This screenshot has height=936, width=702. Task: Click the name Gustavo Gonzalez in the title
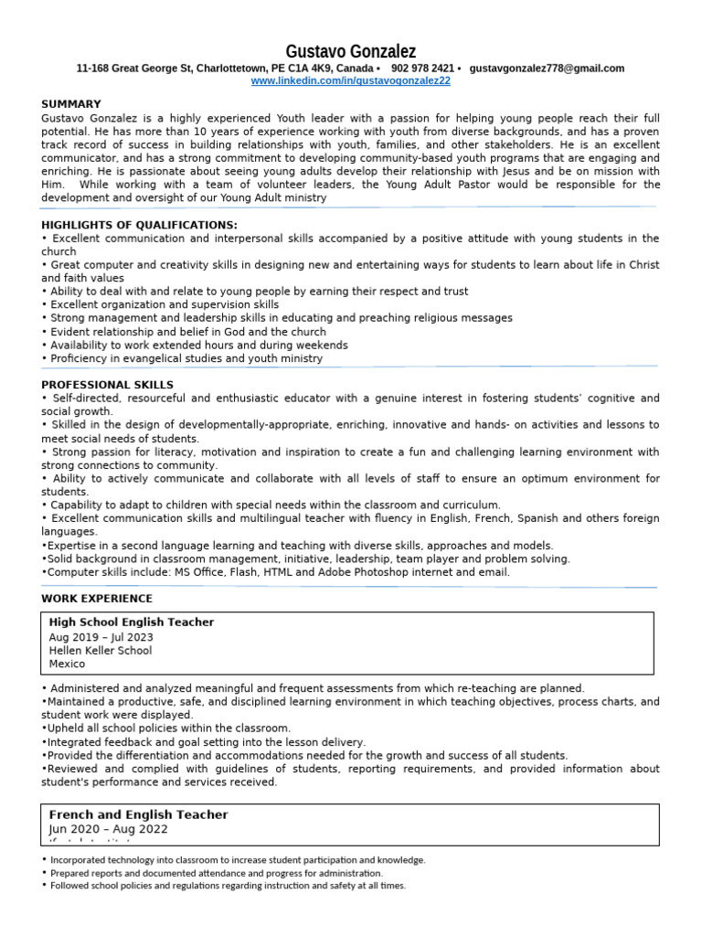[x=351, y=51]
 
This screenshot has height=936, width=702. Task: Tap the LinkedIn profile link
[x=351, y=81]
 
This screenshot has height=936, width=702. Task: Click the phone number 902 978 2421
[x=422, y=69]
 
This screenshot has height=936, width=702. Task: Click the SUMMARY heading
[x=71, y=104]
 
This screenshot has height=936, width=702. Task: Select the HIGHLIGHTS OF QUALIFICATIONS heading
[x=139, y=225]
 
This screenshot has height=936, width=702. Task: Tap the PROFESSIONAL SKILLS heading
[x=107, y=385]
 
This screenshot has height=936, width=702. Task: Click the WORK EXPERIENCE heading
[x=97, y=599]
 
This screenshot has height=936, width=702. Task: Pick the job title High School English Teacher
[x=132, y=622]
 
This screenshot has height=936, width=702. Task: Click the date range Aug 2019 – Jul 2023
[x=101, y=637]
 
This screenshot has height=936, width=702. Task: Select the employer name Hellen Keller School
[x=101, y=651]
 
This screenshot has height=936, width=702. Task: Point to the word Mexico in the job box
[x=67, y=665]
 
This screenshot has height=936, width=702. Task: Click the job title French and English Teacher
[x=138, y=814]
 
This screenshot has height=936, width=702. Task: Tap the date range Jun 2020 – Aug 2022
[x=108, y=829]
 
